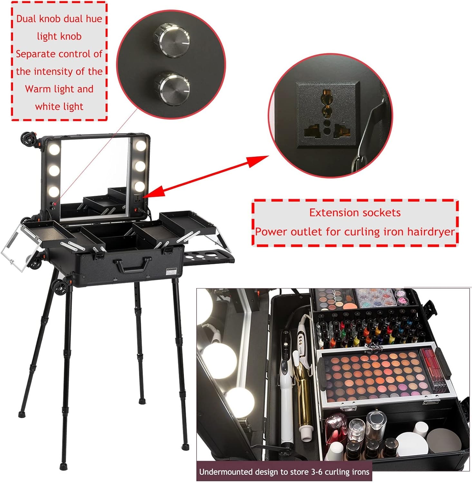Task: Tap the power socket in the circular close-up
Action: coord(327,115)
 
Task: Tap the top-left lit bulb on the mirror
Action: coord(54,149)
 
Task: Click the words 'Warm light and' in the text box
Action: coord(59,89)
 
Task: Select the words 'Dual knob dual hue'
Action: coord(59,19)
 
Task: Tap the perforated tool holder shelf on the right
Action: coord(208,258)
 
